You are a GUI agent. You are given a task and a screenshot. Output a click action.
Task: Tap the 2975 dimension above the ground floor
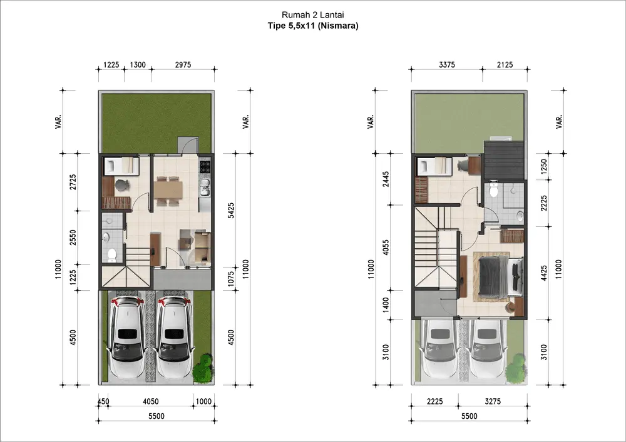pos(183,64)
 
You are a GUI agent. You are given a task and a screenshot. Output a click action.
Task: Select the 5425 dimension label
pos(231,211)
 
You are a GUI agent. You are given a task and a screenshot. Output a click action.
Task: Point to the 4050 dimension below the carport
pos(150,401)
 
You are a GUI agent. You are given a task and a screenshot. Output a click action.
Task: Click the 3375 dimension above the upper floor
pos(447,64)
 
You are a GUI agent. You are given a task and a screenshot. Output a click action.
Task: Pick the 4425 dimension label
pos(544,273)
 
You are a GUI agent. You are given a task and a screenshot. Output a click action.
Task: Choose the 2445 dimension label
pos(385,179)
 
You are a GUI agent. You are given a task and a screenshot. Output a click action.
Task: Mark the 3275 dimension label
pos(493,401)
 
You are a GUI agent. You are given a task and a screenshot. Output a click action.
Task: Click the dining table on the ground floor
pos(168,189)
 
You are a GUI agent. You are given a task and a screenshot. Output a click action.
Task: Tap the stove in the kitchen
pos(205,166)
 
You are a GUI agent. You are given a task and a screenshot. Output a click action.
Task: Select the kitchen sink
pos(205,188)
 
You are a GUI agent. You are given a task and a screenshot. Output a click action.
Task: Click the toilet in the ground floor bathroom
pos(111,254)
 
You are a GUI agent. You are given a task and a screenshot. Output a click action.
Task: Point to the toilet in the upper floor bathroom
pos(494,191)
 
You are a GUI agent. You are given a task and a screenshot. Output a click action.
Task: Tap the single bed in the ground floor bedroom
pos(121,166)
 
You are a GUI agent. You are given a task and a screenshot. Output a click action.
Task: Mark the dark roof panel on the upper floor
pos(503,160)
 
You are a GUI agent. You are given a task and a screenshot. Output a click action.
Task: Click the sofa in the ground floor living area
pos(203,247)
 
